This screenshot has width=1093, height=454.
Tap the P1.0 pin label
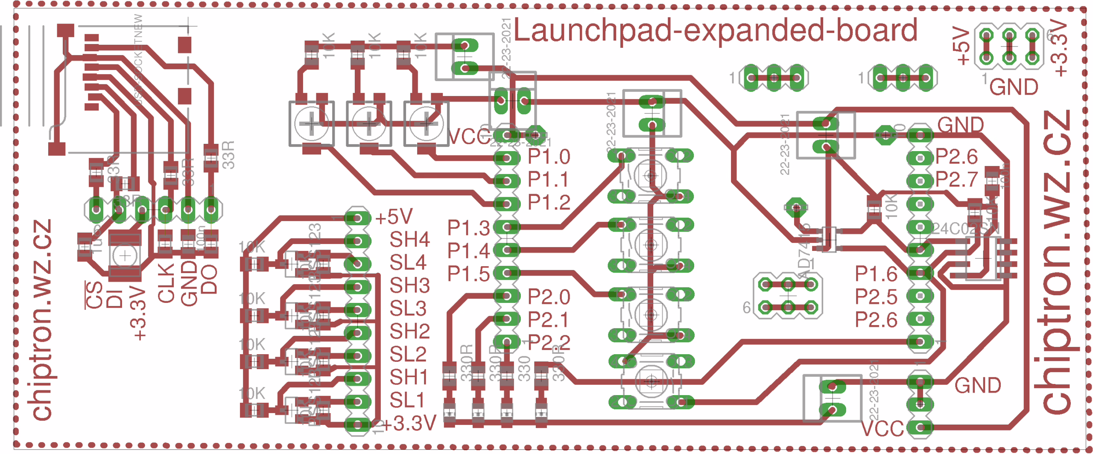[x=549, y=157]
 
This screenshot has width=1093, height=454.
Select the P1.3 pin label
[x=468, y=228]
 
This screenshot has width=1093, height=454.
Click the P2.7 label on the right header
[x=956, y=180]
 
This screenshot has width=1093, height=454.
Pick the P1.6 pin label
[x=876, y=274]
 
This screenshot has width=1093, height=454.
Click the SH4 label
[x=409, y=240]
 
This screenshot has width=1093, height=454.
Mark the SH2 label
[x=409, y=332]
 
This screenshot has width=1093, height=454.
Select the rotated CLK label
[x=166, y=283]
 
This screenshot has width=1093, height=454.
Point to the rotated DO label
[x=209, y=279]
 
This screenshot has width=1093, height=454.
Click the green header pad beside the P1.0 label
[x=507, y=158]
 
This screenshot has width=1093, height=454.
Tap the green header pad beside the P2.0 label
[x=507, y=295]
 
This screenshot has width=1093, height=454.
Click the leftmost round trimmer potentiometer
[x=311, y=124]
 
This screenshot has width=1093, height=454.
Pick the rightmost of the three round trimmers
[x=426, y=124]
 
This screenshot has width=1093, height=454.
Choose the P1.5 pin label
[x=468, y=274]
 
